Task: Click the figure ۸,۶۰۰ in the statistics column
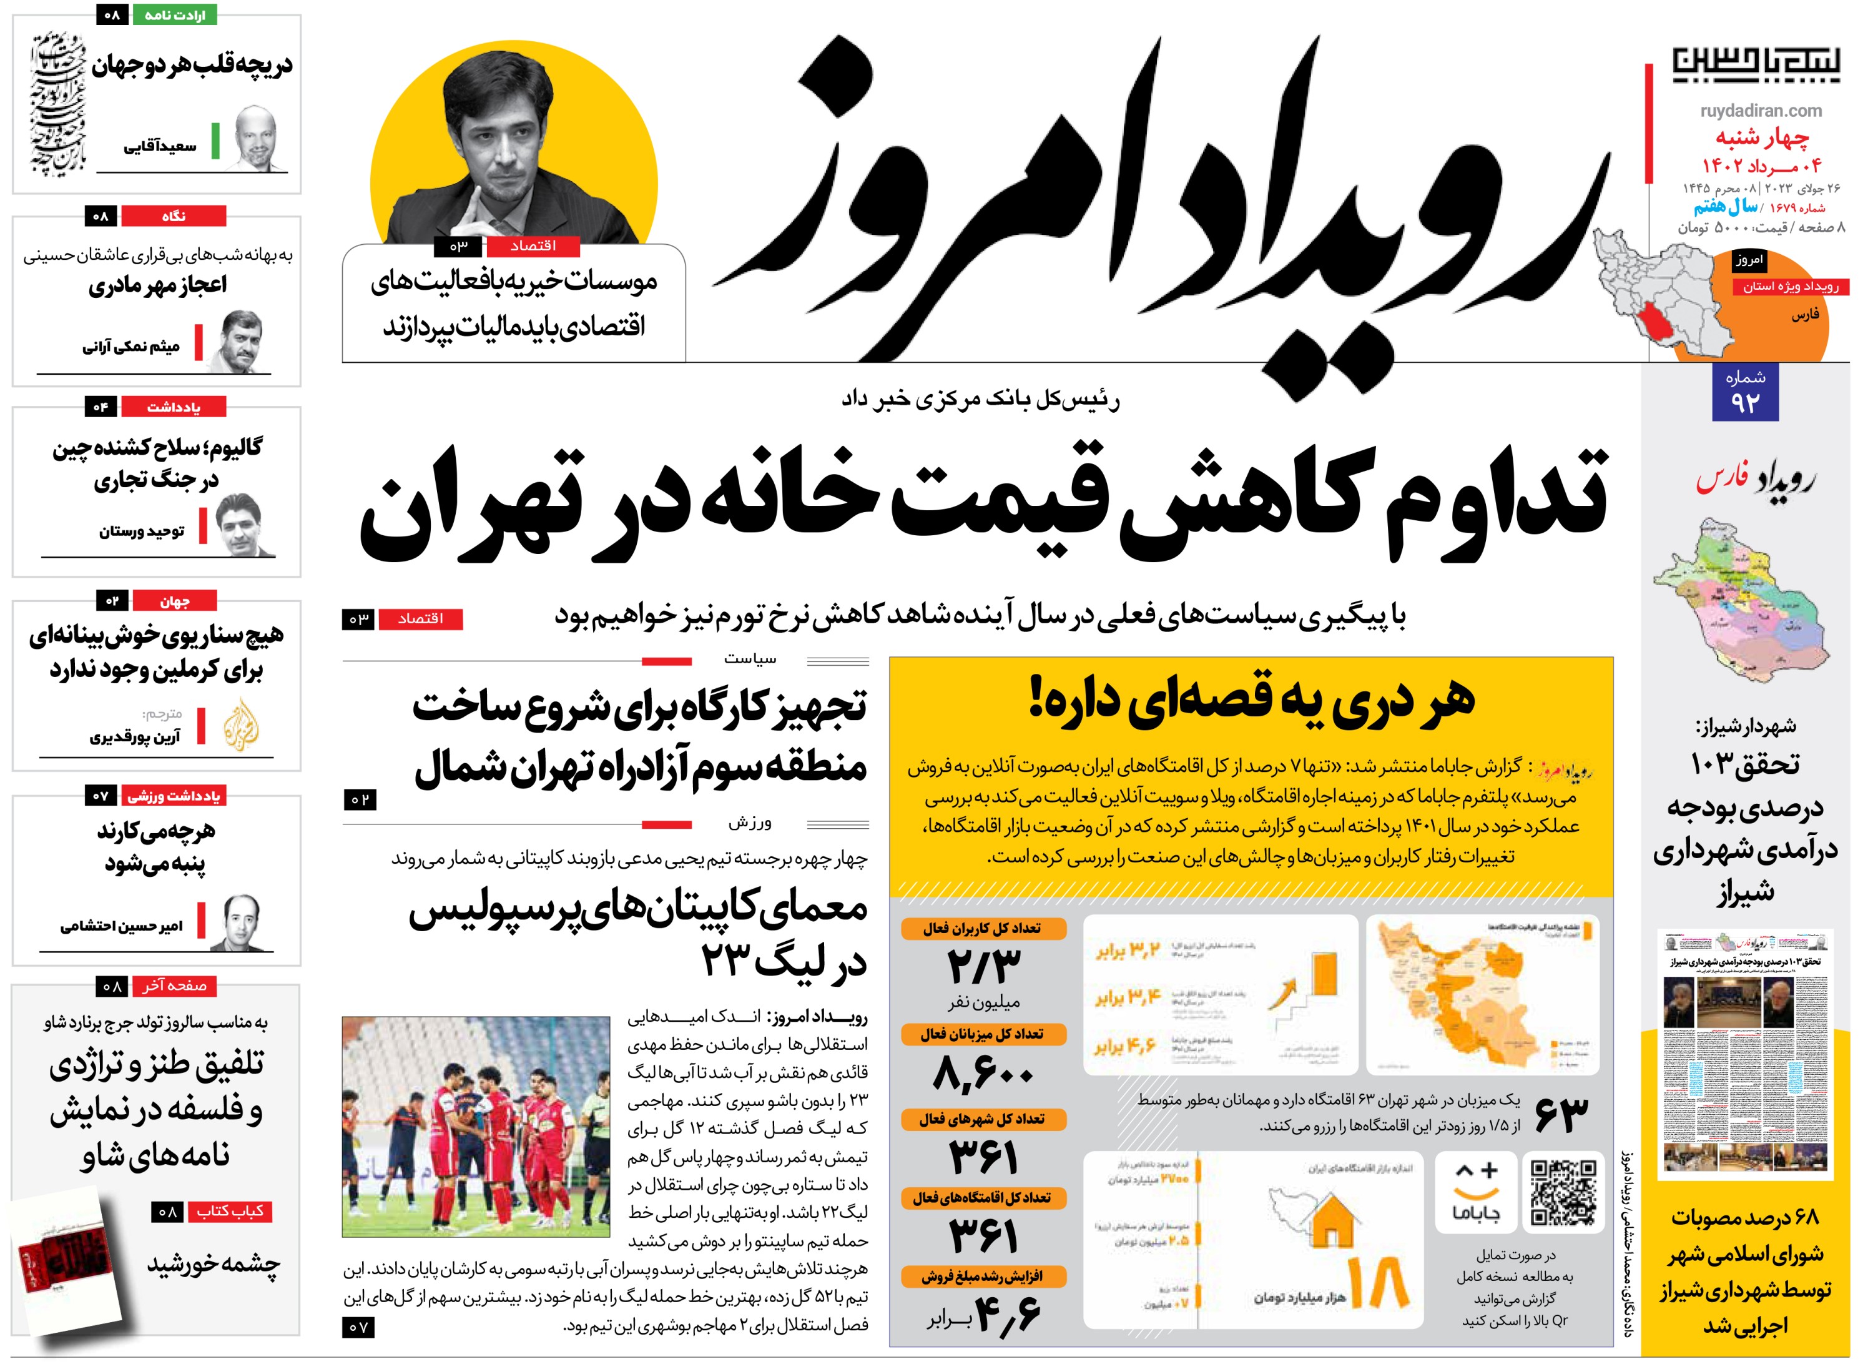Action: coord(983,1074)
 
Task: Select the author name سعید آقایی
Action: coord(160,146)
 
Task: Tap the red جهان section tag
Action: coord(174,601)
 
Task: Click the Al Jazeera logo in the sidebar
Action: coord(241,724)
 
